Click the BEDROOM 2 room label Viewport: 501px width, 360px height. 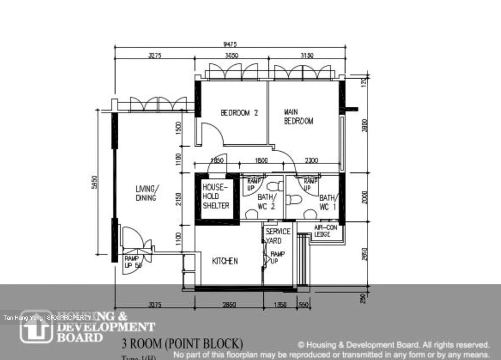coord(239,113)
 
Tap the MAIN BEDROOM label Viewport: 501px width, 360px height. coord(298,117)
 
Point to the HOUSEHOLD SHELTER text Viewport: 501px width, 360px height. coord(216,197)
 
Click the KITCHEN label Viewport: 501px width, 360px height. coord(225,261)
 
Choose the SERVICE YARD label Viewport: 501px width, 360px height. coord(277,236)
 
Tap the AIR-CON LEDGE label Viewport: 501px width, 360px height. coord(325,231)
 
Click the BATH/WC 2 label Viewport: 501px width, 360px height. coord(267,202)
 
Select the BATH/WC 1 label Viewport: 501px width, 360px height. coord(328,202)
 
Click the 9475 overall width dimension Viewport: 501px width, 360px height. coord(230,44)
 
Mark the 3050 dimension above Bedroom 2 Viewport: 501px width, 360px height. coord(232,55)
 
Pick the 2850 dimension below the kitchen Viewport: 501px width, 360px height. coord(229,305)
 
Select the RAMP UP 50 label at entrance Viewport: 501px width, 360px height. coord(133,262)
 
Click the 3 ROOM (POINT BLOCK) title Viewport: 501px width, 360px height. coord(182,344)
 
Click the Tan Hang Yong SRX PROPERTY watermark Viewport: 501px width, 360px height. coord(47,318)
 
